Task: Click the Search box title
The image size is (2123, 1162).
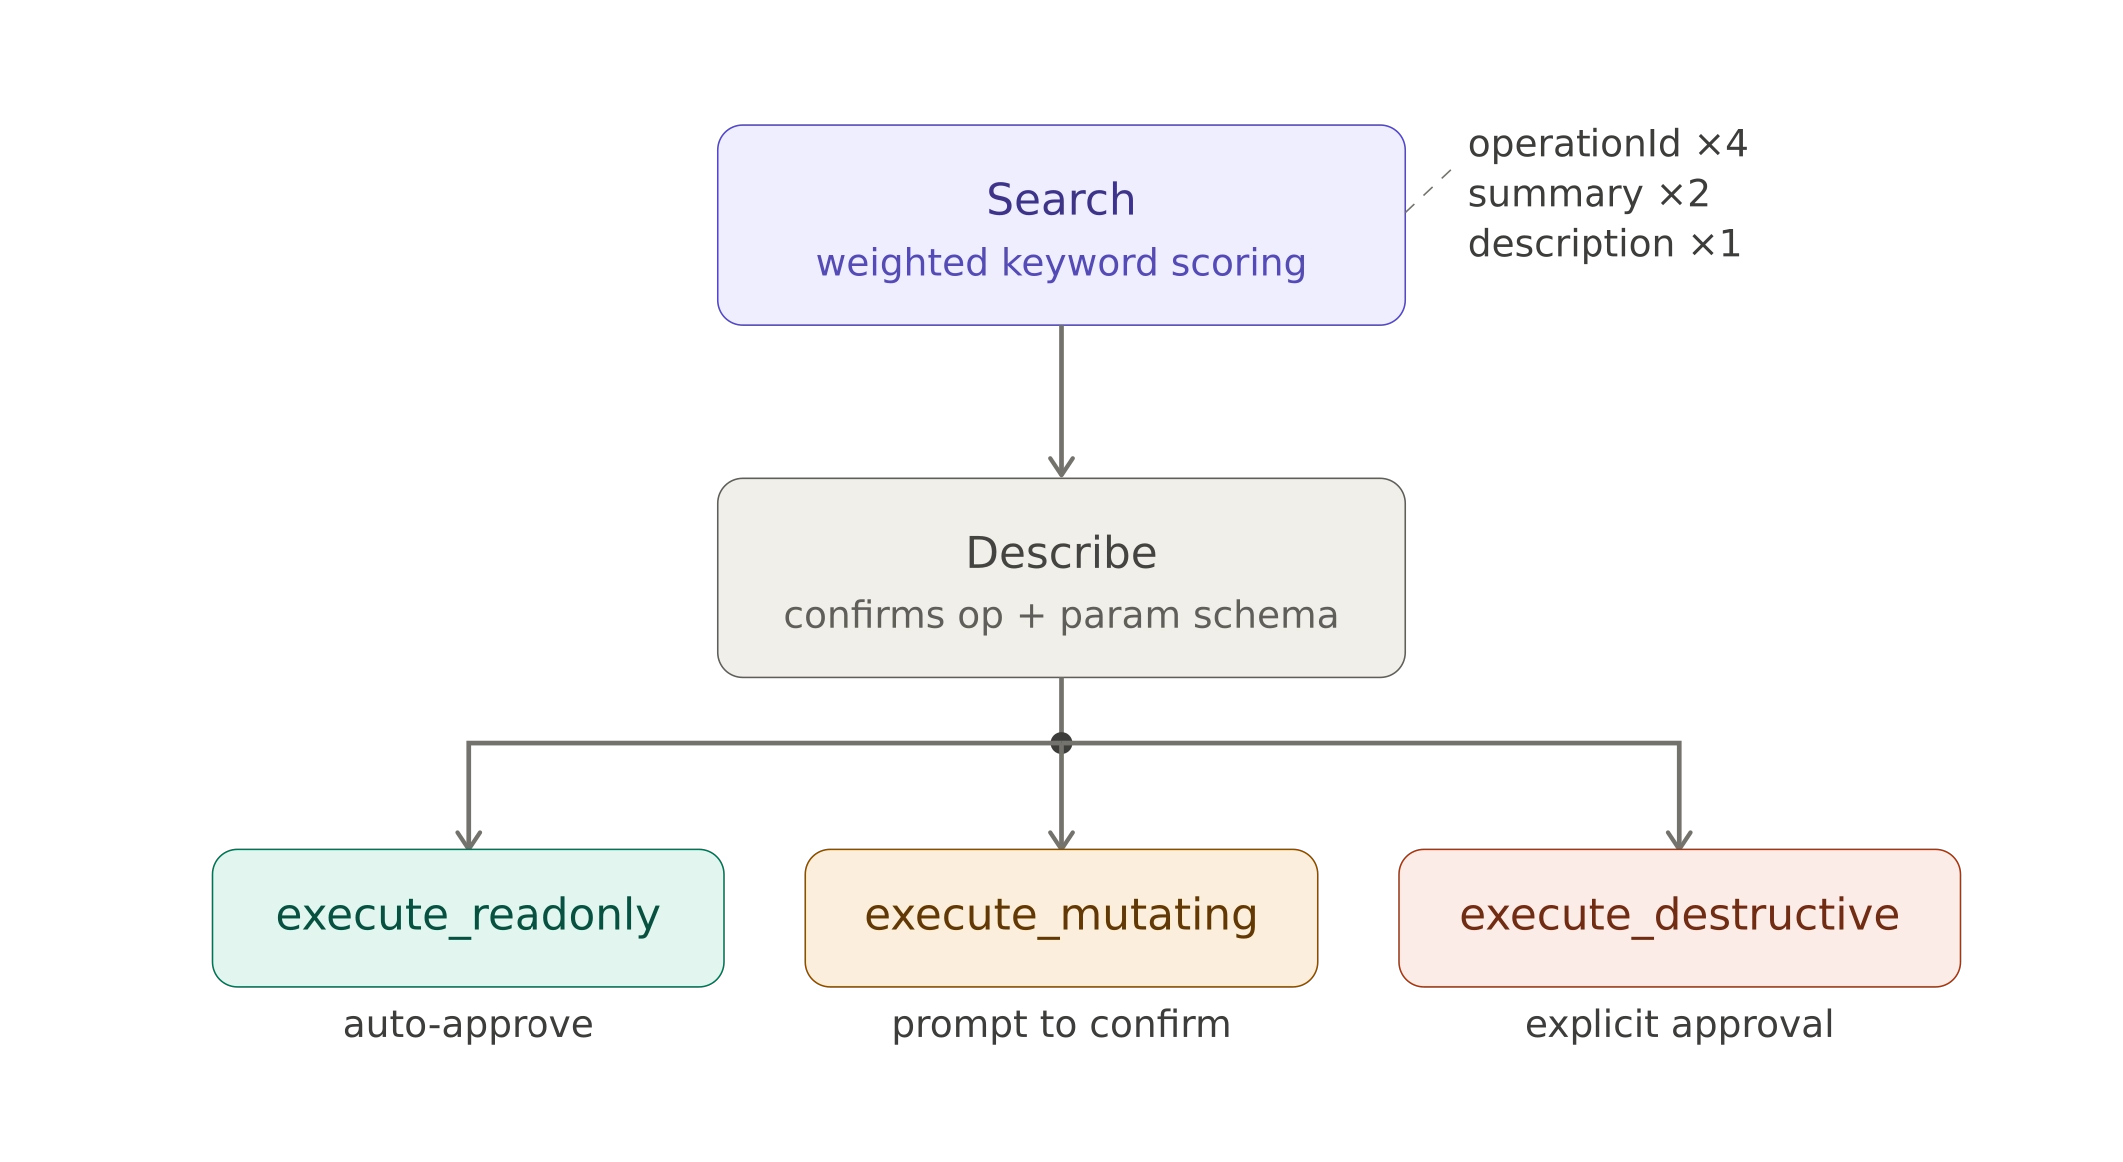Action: pos(1060,199)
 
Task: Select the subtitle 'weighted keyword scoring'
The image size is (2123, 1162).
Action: pos(1060,262)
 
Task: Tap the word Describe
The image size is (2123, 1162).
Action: pos(1060,553)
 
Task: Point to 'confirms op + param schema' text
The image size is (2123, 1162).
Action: pos(1060,615)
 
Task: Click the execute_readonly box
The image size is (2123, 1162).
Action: pos(468,916)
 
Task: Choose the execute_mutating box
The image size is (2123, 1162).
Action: pos(1060,916)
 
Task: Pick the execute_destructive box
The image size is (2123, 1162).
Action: pos(1678,916)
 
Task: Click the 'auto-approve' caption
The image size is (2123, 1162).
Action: pos(468,1024)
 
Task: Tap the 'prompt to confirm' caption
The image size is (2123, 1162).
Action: pos(1060,1024)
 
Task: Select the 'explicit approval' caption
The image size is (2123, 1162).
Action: pos(1678,1024)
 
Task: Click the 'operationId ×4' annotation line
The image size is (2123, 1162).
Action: pos(1606,144)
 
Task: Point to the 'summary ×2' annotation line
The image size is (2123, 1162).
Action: pos(1588,194)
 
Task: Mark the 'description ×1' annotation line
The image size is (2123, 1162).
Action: pos(1603,244)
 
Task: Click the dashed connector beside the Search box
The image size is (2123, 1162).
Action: pos(1429,191)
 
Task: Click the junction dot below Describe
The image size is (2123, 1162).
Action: pos(1061,743)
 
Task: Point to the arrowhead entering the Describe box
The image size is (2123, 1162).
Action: pos(1061,467)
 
